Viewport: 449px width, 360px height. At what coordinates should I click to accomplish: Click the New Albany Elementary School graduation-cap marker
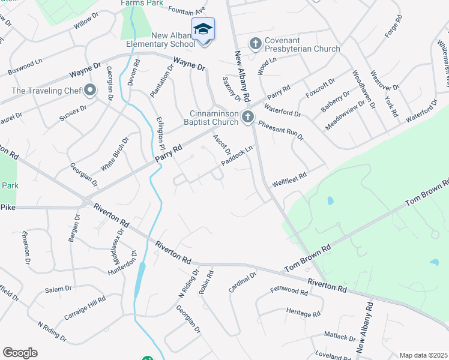coord(203,29)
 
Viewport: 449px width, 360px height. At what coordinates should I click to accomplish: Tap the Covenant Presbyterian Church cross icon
coord(255,43)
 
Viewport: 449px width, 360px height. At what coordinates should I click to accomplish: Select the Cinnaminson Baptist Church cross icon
coord(247,118)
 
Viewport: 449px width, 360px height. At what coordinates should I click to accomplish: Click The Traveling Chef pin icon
coord(90,91)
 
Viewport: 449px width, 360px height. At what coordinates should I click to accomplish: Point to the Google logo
coord(20,353)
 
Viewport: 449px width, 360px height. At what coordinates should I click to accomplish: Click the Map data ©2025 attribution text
coord(423,355)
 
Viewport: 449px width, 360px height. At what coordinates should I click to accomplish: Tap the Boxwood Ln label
coord(25,67)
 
